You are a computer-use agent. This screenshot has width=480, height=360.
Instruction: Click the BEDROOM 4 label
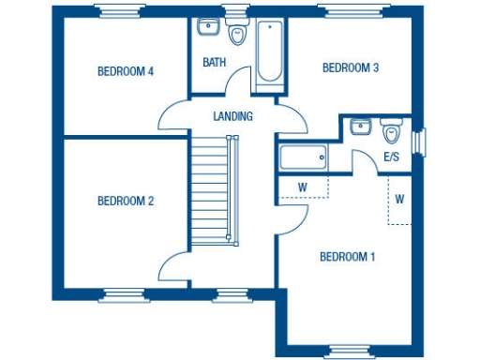[x=126, y=71]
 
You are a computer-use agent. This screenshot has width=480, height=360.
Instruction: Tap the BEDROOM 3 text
[x=350, y=67]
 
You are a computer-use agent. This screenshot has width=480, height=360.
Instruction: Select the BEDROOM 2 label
[x=126, y=201]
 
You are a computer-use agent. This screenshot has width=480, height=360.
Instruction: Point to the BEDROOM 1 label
[x=347, y=257]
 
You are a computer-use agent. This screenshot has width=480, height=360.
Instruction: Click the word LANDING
[x=232, y=117]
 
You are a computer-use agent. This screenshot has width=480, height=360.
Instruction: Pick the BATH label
[x=214, y=63]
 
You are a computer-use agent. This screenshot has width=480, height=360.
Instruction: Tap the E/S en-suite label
[x=391, y=157]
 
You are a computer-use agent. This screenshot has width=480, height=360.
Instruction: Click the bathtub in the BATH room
[x=269, y=52]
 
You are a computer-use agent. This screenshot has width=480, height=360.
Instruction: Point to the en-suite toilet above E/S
[x=391, y=128]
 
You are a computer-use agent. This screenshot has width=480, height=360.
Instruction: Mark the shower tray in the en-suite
[x=303, y=157]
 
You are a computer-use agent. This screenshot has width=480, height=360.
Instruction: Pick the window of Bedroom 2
[x=125, y=295]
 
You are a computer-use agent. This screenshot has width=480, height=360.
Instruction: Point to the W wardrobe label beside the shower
[x=303, y=187]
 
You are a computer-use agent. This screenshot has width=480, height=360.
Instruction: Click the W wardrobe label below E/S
[x=399, y=200]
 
